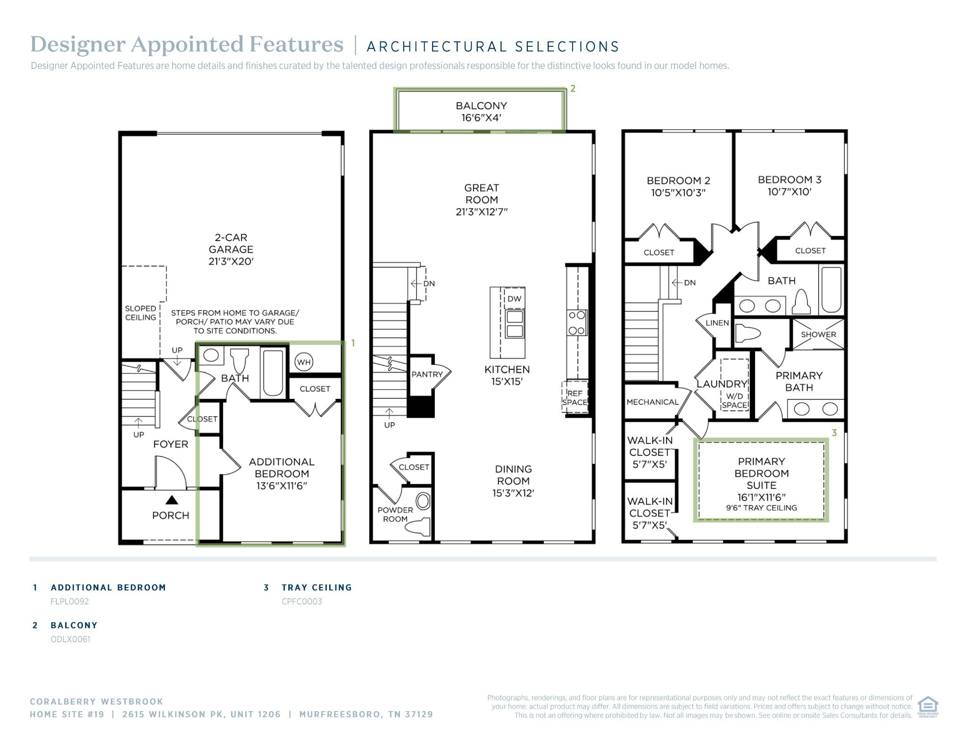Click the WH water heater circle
[x=304, y=362]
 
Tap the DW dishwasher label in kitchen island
[x=514, y=298]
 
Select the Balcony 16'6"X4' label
[x=481, y=112]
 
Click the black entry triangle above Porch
[x=172, y=499]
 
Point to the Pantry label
[x=427, y=374]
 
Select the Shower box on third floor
[x=818, y=334]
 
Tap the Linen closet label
[x=717, y=323]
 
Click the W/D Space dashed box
[x=734, y=385]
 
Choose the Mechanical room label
[x=652, y=402]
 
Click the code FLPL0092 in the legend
[x=70, y=601]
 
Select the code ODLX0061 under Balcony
[x=70, y=639]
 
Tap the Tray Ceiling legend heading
[x=316, y=588]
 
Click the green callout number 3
[x=834, y=432]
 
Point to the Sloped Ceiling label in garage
[x=140, y=313]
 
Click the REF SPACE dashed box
[x=575, y=397]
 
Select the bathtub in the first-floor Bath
[x=273, y=373]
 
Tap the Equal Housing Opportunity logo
[x=927, y=706]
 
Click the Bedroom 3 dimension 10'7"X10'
[x=789, y=192]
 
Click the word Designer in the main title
[x=78, y=44]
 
